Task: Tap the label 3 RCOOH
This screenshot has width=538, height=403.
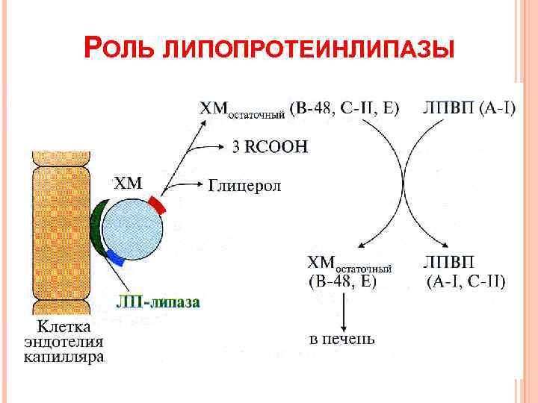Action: point(269,147)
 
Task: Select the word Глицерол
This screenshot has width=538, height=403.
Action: point(244,185)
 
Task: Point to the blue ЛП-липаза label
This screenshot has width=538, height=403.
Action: point(158,302)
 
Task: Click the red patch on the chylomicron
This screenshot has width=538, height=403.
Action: point(156,203)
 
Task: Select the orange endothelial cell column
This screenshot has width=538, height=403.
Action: point(60,231)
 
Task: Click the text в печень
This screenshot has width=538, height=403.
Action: point(343,339)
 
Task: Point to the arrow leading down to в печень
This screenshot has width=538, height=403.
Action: point(343,310)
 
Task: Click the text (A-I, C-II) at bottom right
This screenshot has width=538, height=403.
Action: point(466,282)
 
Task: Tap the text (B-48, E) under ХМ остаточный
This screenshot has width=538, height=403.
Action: point(343,282)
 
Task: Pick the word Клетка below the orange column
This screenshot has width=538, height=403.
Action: point(65,327)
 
